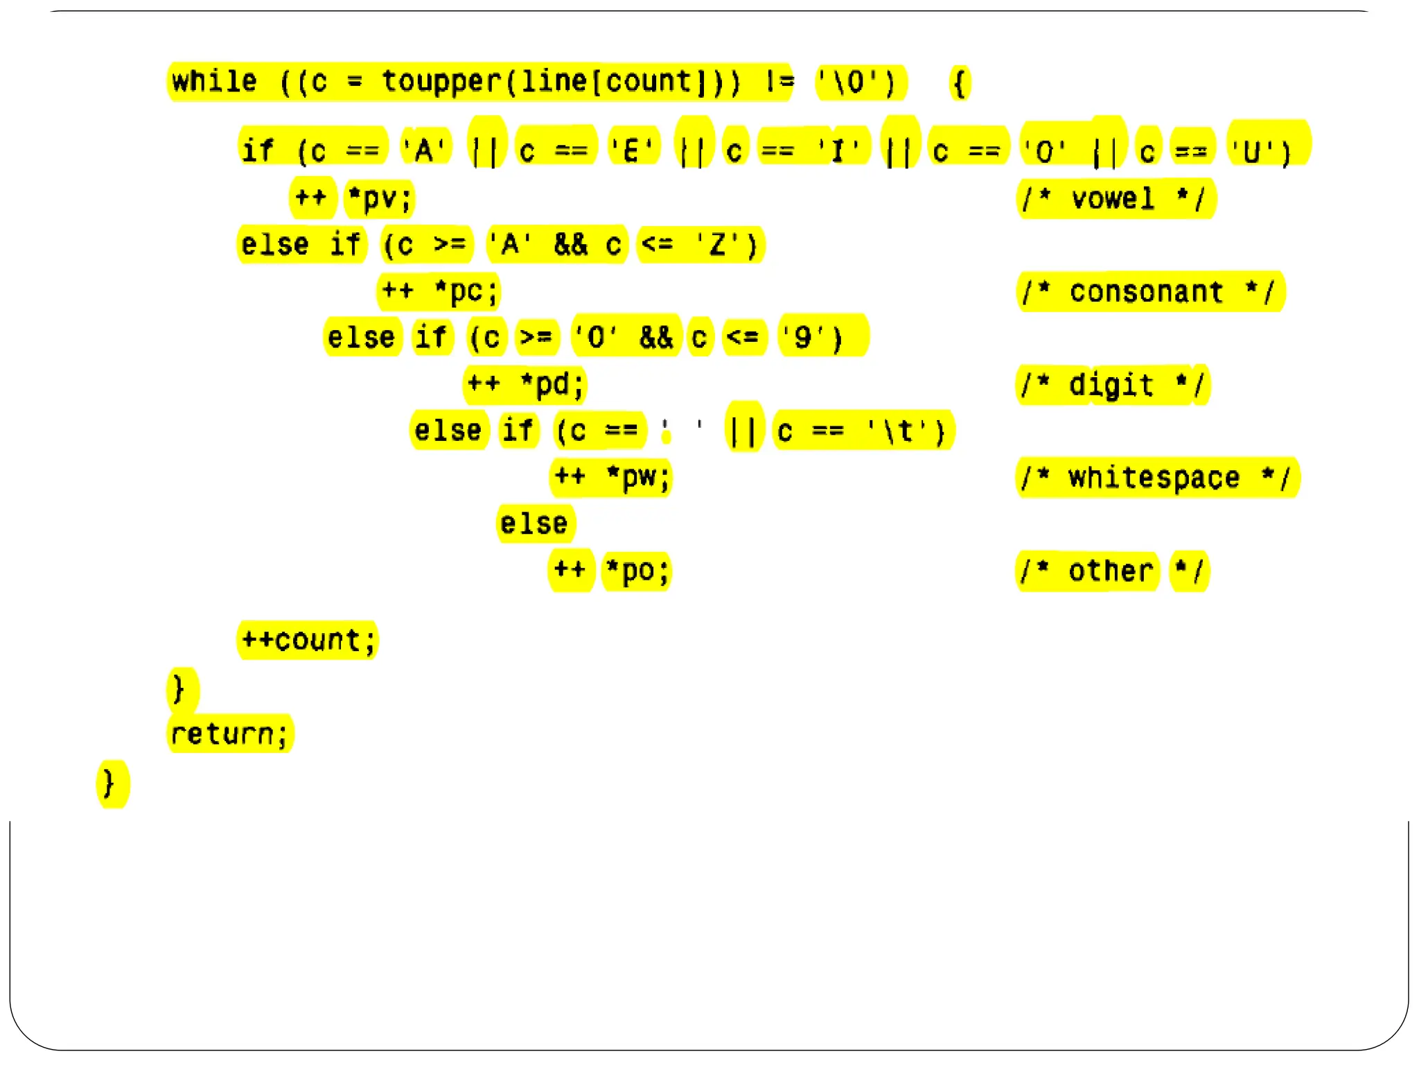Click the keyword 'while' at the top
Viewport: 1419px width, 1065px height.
point(214,82)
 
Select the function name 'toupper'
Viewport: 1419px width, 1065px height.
point(441,82)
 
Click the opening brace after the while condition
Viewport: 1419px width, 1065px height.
point(960,83)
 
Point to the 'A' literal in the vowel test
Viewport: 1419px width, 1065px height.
point(424,150)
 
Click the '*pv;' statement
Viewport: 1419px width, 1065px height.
point(380,198)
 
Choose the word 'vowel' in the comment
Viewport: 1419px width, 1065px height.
point(1113,199)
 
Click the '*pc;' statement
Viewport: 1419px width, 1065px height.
point(466,291)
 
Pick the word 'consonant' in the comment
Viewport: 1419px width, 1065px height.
point(1146,292)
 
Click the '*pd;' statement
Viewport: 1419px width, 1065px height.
point(553,384)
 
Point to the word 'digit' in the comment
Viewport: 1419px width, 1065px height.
point(1111,385)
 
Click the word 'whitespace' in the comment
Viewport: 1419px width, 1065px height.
point(1154,478)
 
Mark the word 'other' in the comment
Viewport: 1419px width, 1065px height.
point(1111,571)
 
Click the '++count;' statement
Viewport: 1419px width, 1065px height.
point(308,640)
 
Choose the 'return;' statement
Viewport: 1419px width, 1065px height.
point(229,734)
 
